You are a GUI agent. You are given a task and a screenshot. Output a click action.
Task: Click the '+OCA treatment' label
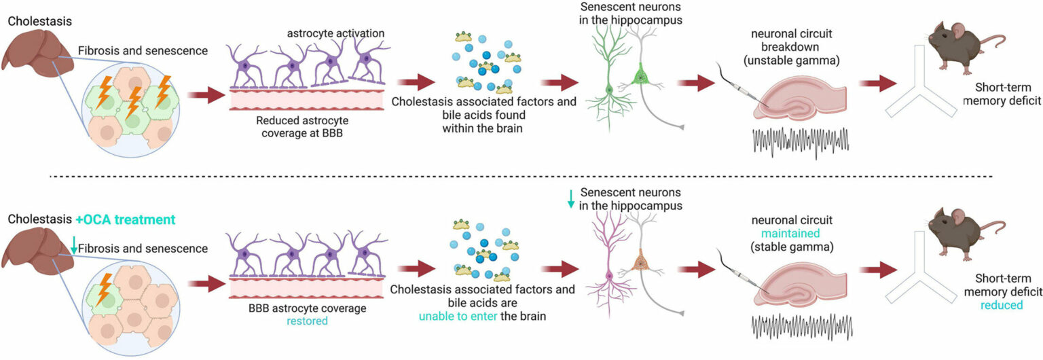click(x=125, y=219)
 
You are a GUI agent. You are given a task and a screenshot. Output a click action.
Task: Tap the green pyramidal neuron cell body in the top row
click(x=641, y=76)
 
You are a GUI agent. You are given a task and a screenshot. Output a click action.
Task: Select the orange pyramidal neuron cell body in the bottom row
click(x=642, y=264)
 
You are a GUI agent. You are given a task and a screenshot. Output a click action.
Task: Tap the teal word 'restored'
click(x=307, y=321)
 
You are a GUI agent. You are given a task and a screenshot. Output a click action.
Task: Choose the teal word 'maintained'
click(x=790, y=234)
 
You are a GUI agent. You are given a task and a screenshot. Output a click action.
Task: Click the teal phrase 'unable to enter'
click(x=458, y=317)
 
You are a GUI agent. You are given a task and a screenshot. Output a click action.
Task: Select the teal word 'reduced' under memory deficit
click(x=1002, y=305)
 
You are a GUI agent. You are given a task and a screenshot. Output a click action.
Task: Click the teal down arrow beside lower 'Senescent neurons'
click(x=571, y=199)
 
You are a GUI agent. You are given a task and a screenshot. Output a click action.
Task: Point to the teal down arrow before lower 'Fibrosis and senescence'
click(x=73, y=245)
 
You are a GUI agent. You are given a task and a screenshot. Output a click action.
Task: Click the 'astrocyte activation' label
click(x=335, y=33)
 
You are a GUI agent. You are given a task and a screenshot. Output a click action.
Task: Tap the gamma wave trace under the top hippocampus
click(x=801, y=141)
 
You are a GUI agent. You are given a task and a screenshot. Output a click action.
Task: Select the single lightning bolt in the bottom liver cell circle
click(x=103, y=289)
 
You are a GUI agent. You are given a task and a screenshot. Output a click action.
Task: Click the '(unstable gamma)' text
click(x=792, y=60)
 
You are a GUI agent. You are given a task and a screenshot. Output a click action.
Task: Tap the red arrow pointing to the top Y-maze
click(x=878, y=84)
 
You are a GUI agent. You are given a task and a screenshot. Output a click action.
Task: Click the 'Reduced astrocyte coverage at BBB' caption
click(x=302, y=126)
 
